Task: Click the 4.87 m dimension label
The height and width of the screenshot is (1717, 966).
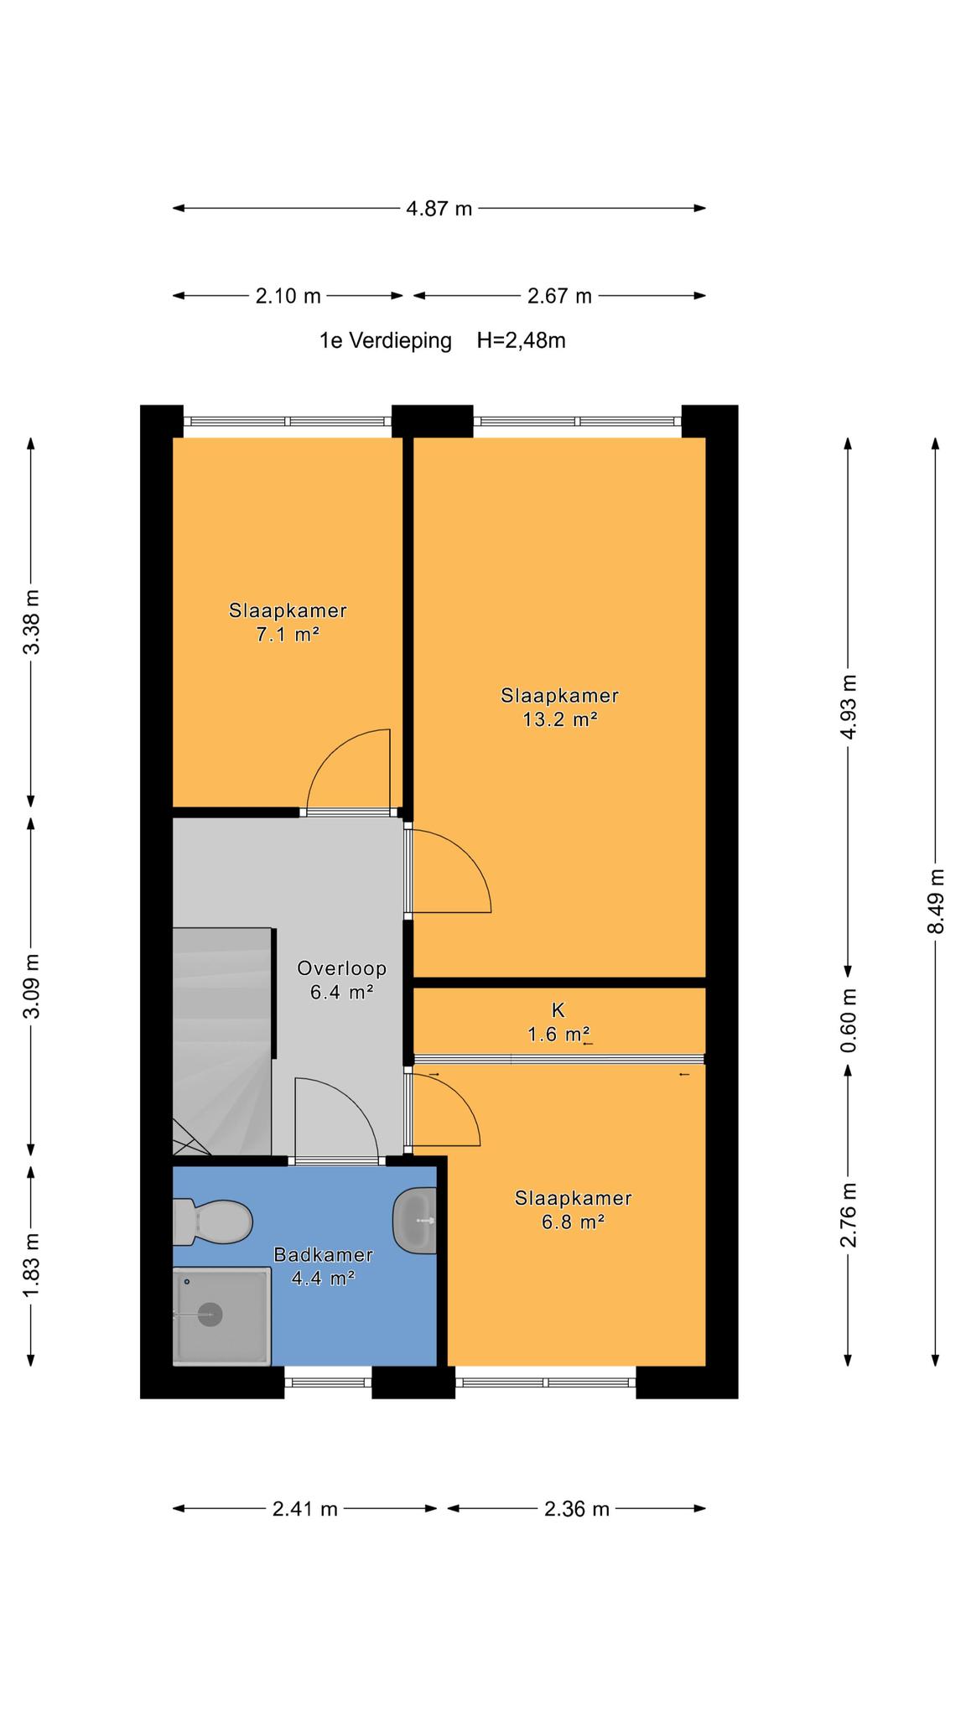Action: (x=439, y=209)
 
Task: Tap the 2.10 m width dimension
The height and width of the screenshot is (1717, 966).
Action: (x=288, y=296)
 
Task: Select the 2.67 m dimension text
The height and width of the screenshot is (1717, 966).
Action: (x=559, y=296)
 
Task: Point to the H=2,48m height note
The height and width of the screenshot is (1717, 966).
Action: (x=522, y=340)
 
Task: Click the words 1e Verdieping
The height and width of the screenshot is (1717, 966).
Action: (x=385, y=341)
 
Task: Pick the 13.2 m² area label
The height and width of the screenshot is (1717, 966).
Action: (x=559, y=719)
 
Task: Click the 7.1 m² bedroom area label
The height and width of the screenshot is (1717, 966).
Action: (x=288, y=635)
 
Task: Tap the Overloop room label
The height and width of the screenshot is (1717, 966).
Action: (x=341, y=968)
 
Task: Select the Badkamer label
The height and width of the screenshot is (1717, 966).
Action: (x=323, y=1255)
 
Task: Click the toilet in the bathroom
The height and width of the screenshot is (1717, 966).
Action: (x=212, y=1222)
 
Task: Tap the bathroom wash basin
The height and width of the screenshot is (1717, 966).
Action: (x=415, y=1222)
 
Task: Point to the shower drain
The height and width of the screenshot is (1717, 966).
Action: (x=209, y=1314)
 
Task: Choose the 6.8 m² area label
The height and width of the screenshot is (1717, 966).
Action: (x=574, y=1222)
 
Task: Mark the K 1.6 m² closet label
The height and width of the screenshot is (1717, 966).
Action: (x=558, y=1023)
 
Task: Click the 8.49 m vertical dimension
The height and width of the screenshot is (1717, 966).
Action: (x=937, y=901)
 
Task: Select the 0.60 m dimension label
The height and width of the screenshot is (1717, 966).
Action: (x=849, y=1020)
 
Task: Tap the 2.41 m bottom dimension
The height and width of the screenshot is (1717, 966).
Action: (x=305, y=1509)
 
